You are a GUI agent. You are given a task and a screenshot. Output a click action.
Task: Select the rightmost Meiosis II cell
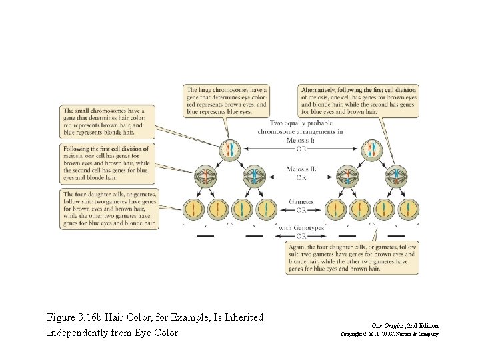coord(395,178)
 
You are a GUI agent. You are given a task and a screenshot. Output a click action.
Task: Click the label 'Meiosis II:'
coord(301,170)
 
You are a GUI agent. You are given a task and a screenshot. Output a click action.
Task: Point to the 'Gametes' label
coord(301,201)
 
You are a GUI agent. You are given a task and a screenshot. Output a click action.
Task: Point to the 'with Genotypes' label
coord(301,228)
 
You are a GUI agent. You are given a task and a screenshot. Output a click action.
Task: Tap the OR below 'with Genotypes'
coord(301,236)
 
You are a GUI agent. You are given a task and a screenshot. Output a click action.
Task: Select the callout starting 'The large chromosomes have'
coord(228,101)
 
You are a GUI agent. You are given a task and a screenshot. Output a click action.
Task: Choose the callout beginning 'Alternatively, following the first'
coord(360,101)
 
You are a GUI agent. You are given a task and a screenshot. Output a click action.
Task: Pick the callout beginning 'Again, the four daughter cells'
coord(351,257)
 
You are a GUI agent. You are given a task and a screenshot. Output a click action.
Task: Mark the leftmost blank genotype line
coord(205,235)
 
